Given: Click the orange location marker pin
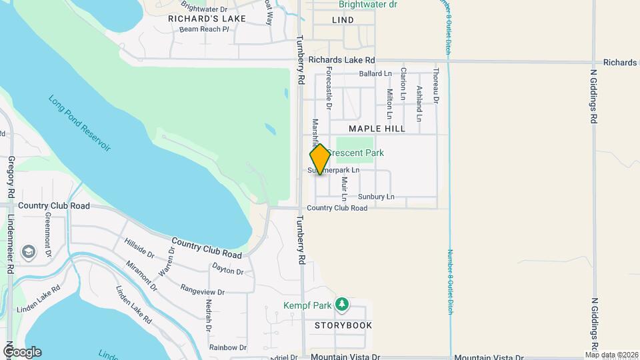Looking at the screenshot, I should tap(320, 159).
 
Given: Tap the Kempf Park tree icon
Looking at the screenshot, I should tap(342, 304).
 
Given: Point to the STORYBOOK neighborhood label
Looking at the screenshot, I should tap(343, 325).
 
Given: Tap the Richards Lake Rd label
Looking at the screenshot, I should tap(341, 59).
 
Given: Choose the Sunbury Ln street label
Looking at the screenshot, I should tap(376, 197).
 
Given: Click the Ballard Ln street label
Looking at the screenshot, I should tap(375, 73).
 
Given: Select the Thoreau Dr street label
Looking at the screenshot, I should tap(435, 86).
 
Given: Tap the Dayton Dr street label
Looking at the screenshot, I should tap(227, 271).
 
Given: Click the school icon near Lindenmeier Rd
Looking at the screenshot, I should tap(29, 251).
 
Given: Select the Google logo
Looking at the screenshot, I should tap(21, 352).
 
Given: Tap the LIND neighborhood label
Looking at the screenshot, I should tap(343, 20).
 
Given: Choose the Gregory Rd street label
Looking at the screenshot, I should tap(11, 177).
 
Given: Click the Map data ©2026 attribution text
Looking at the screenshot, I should tap(611, 355).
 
